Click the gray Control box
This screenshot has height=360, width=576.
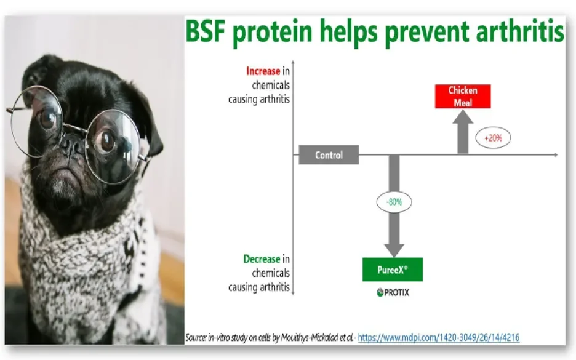click(329, 154)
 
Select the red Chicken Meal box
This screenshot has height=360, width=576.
click(463, 96)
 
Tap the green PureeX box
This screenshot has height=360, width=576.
click(393, 270)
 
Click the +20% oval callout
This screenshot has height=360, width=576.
click(493, 138)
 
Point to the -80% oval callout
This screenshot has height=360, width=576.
click(394, 202)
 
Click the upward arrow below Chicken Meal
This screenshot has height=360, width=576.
click(463, 132)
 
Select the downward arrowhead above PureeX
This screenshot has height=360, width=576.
click(394, 250)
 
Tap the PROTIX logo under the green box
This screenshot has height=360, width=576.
click(393, 292)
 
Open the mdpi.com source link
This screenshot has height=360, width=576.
click(439, 337)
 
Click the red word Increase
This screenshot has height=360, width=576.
click(263, 71)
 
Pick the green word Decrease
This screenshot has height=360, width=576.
click(262, 259)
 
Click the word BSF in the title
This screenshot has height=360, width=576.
click(206, 31)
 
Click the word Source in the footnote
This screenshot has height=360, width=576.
click(196, 337)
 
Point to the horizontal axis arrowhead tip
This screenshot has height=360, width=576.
click(558, 154)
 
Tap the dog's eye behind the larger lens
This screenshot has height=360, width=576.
click(106, 142)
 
